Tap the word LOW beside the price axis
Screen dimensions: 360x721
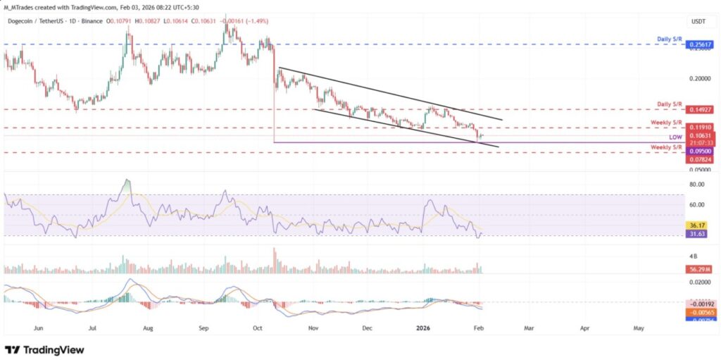pos(675,136)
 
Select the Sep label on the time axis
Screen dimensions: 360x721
pos(203,328)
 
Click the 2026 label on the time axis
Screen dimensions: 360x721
pos(422,328)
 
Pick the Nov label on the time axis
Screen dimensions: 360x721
pos(312,328)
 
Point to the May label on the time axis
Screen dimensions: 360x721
pos(639,328)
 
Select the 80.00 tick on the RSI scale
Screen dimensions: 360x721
pos(698,185)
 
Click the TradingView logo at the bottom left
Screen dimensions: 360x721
pos(44,350)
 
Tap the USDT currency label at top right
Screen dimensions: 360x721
pos(698,21)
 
